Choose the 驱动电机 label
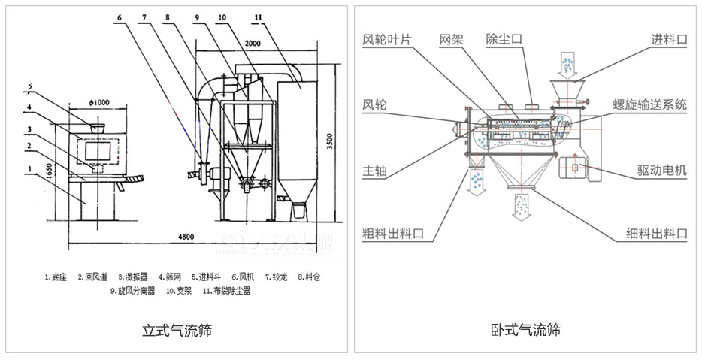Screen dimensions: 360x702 coord(661,171)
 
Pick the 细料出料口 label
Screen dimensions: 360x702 coord(656,234)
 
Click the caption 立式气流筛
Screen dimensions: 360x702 coord(177,330)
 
